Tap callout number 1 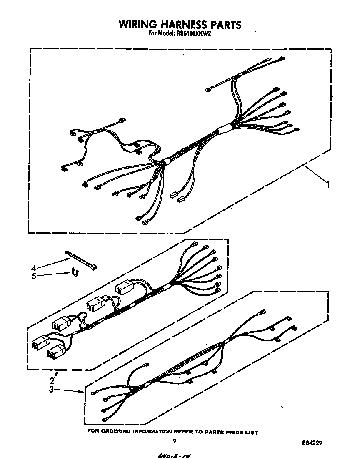click(329, 184)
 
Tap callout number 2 click(52, 380)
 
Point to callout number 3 click(51, 390)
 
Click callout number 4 click(33, 268)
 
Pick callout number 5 click(33, 276)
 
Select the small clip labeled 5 click(75, 272)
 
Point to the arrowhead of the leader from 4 click(70, 259)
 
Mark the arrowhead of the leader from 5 click(70, 273)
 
